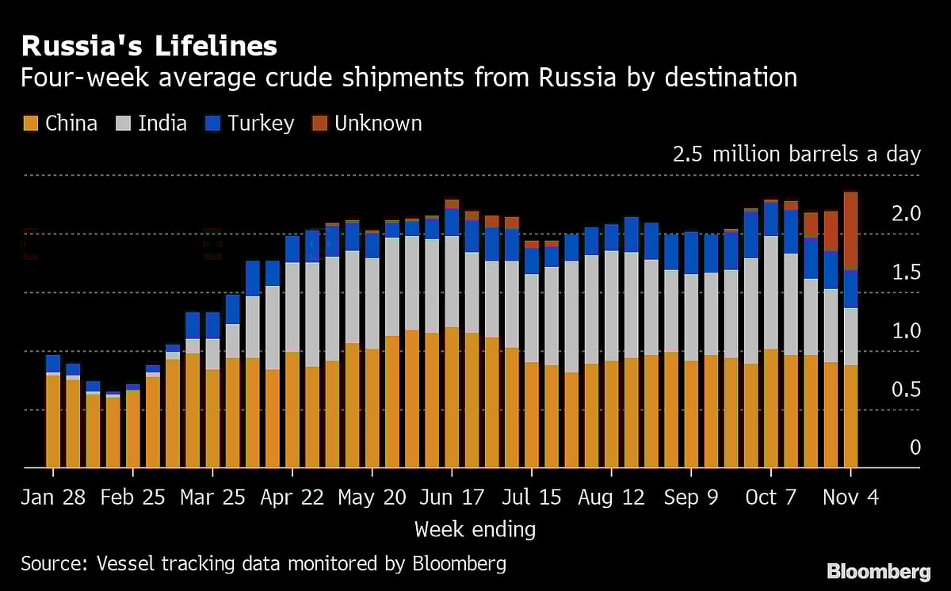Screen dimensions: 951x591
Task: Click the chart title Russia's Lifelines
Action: (x=149, y=46)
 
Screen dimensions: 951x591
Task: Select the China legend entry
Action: (x=61, y=124)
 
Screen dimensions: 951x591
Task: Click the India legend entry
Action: (x=151, y=124)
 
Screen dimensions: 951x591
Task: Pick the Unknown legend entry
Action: (x=367, y=124)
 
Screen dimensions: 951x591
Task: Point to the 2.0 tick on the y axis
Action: (x=905, y=214)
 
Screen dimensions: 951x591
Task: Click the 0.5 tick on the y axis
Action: (x=905, y=390)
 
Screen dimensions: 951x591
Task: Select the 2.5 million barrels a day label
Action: (x=796, y=154)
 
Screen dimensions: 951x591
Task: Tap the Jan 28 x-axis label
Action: (x=53, y=498)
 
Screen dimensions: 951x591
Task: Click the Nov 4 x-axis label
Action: (x=850, y=498)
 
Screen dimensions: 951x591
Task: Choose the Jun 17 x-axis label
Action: (x=452, y=498)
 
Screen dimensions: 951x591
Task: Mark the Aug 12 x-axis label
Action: (x=611, y=498)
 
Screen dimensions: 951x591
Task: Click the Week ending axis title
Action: (x=475, y=529)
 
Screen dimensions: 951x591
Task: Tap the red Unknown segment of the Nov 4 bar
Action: (x=850, y=230)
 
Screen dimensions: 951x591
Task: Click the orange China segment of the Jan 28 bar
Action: (x=53, y=420)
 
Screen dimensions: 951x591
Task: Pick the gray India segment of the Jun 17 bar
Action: (x=452, y=281)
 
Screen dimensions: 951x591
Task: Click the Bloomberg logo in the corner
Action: (x=878, y=571)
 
